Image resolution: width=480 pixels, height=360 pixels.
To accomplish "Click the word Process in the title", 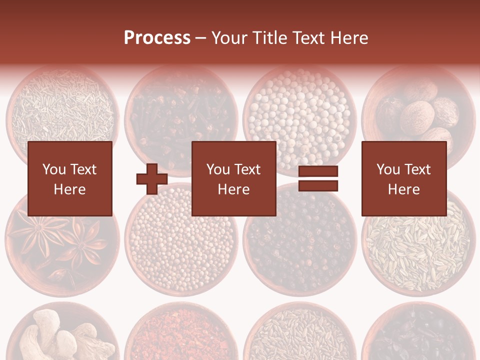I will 157,38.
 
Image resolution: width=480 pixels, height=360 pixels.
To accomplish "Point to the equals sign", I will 318,178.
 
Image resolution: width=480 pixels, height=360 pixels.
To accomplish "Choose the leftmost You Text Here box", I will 70,178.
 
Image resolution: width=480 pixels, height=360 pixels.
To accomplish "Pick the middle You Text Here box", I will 234,178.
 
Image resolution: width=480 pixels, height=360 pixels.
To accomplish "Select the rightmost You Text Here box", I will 404,178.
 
